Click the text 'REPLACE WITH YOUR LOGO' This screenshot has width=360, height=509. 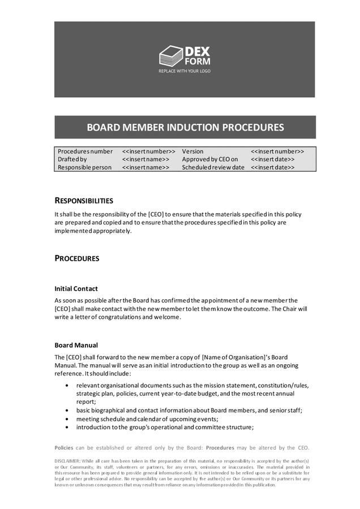[184, 71]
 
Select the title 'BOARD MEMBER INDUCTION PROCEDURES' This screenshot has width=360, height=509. [185, 127]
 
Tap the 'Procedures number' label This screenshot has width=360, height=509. [85, 152]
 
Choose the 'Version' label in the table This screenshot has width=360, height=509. [192, 152]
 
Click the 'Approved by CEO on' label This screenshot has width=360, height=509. [210, 159]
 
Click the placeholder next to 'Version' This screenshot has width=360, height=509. [277, 152]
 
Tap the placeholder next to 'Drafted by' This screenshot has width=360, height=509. [145, 159]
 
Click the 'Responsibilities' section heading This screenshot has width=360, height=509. [84, 201]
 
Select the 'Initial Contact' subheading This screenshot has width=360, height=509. [76, 288]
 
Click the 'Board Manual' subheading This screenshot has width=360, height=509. [76, 345]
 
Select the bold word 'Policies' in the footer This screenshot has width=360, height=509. [65, 448]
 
